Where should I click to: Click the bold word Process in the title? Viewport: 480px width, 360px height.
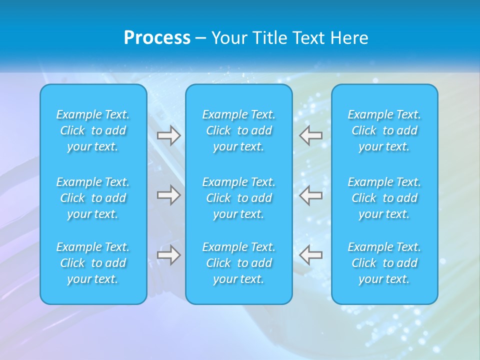157,38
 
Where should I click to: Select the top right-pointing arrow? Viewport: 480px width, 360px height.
168,135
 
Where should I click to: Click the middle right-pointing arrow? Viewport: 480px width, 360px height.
168,195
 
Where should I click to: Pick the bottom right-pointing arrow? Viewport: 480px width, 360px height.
168,255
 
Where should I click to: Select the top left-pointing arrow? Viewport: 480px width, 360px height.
311,135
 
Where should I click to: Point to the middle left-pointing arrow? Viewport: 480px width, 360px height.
311,195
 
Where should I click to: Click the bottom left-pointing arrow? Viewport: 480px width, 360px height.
311,255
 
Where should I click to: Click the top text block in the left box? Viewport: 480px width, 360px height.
93,130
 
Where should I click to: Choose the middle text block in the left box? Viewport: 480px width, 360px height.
93,198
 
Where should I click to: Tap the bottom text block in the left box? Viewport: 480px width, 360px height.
93,263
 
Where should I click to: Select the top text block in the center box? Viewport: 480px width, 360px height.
239,130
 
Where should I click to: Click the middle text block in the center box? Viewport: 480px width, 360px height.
239,198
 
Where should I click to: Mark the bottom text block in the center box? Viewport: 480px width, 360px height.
239,263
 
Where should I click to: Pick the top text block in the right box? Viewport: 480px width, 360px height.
384,130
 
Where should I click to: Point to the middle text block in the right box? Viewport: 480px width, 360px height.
384,198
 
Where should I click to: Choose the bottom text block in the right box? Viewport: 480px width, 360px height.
384,263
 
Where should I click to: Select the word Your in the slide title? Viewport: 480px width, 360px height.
228,38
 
